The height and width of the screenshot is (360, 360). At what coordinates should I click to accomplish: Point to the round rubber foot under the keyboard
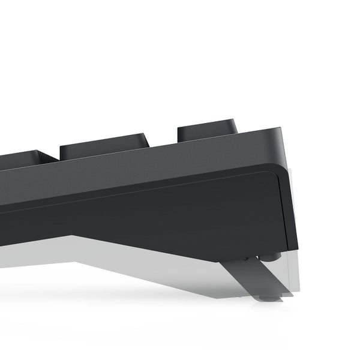271,256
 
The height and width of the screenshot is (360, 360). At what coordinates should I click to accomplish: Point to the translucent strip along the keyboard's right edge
292,204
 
